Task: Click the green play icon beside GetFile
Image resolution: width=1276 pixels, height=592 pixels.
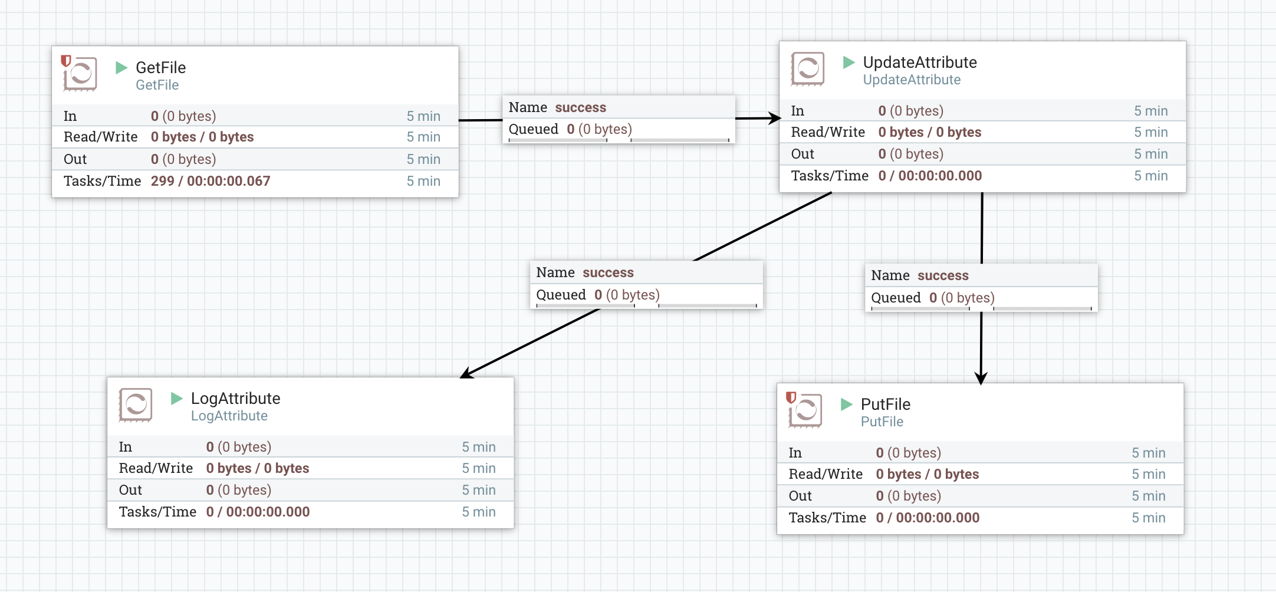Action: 121,67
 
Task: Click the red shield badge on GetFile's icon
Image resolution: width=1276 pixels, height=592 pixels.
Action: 66,61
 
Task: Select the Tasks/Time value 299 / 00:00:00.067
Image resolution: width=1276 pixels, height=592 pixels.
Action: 211,181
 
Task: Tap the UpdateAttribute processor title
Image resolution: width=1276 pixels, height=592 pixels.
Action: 919,63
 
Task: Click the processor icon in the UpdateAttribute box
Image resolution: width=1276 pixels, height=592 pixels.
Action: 808,70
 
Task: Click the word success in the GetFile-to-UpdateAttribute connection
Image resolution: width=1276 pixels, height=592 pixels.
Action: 580,107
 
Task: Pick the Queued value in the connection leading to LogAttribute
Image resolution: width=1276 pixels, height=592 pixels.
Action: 626,295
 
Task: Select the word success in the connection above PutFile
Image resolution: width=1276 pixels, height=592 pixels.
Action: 943,275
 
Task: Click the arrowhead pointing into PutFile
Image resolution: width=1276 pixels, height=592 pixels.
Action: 981,378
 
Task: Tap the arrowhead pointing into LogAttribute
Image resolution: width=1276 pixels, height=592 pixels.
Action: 468,373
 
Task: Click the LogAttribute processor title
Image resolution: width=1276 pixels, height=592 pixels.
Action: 235,399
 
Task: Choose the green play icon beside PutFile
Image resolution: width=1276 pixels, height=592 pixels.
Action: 847,404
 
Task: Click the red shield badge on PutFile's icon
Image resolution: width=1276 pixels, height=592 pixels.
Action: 791,397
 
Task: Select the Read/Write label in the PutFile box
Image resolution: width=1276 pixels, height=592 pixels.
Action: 826,474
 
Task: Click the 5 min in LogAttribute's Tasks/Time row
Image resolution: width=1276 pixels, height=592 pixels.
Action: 478,512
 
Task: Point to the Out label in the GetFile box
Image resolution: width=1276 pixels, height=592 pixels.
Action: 75,159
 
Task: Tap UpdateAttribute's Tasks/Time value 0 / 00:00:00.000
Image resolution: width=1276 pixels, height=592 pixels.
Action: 929,176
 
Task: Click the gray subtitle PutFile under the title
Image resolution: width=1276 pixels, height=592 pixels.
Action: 882,422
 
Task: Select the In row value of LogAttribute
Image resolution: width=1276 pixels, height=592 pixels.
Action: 238,447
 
